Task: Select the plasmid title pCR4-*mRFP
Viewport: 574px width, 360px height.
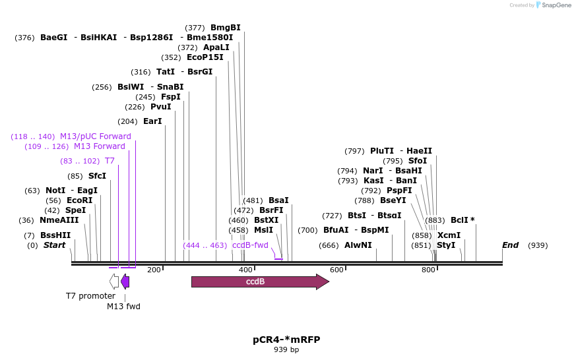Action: pos(286,340)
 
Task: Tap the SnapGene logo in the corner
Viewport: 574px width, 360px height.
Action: pos(553,5)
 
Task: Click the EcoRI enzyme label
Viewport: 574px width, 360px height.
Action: pos(79,200)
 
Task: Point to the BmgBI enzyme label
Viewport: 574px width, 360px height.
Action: pos(225,28)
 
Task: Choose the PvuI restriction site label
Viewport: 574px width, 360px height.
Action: pos(160,107)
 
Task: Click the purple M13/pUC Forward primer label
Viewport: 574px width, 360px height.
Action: pos(96,136)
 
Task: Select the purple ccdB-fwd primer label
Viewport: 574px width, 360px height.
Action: pos(250,245)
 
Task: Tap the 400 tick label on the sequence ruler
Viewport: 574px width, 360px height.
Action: pos(245,270)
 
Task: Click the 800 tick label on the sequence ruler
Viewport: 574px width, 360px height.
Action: pos(428,270)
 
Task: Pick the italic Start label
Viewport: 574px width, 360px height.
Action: pos(54,245)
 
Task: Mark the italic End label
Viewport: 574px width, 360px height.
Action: pos(510,245)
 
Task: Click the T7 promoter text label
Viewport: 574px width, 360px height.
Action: pos(90,296)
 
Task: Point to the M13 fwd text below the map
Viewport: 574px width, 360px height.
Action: pos(124,306)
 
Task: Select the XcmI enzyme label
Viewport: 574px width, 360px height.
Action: pos(449,235)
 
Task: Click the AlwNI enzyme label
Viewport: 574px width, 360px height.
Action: pos(358,245)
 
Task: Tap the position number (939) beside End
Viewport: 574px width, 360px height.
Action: pos(538,245)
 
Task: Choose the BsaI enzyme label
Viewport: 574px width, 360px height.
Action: pos(278,200)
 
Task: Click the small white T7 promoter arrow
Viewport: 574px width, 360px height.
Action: pos(114,282)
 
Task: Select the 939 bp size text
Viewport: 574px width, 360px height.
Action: pos(286,350)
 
